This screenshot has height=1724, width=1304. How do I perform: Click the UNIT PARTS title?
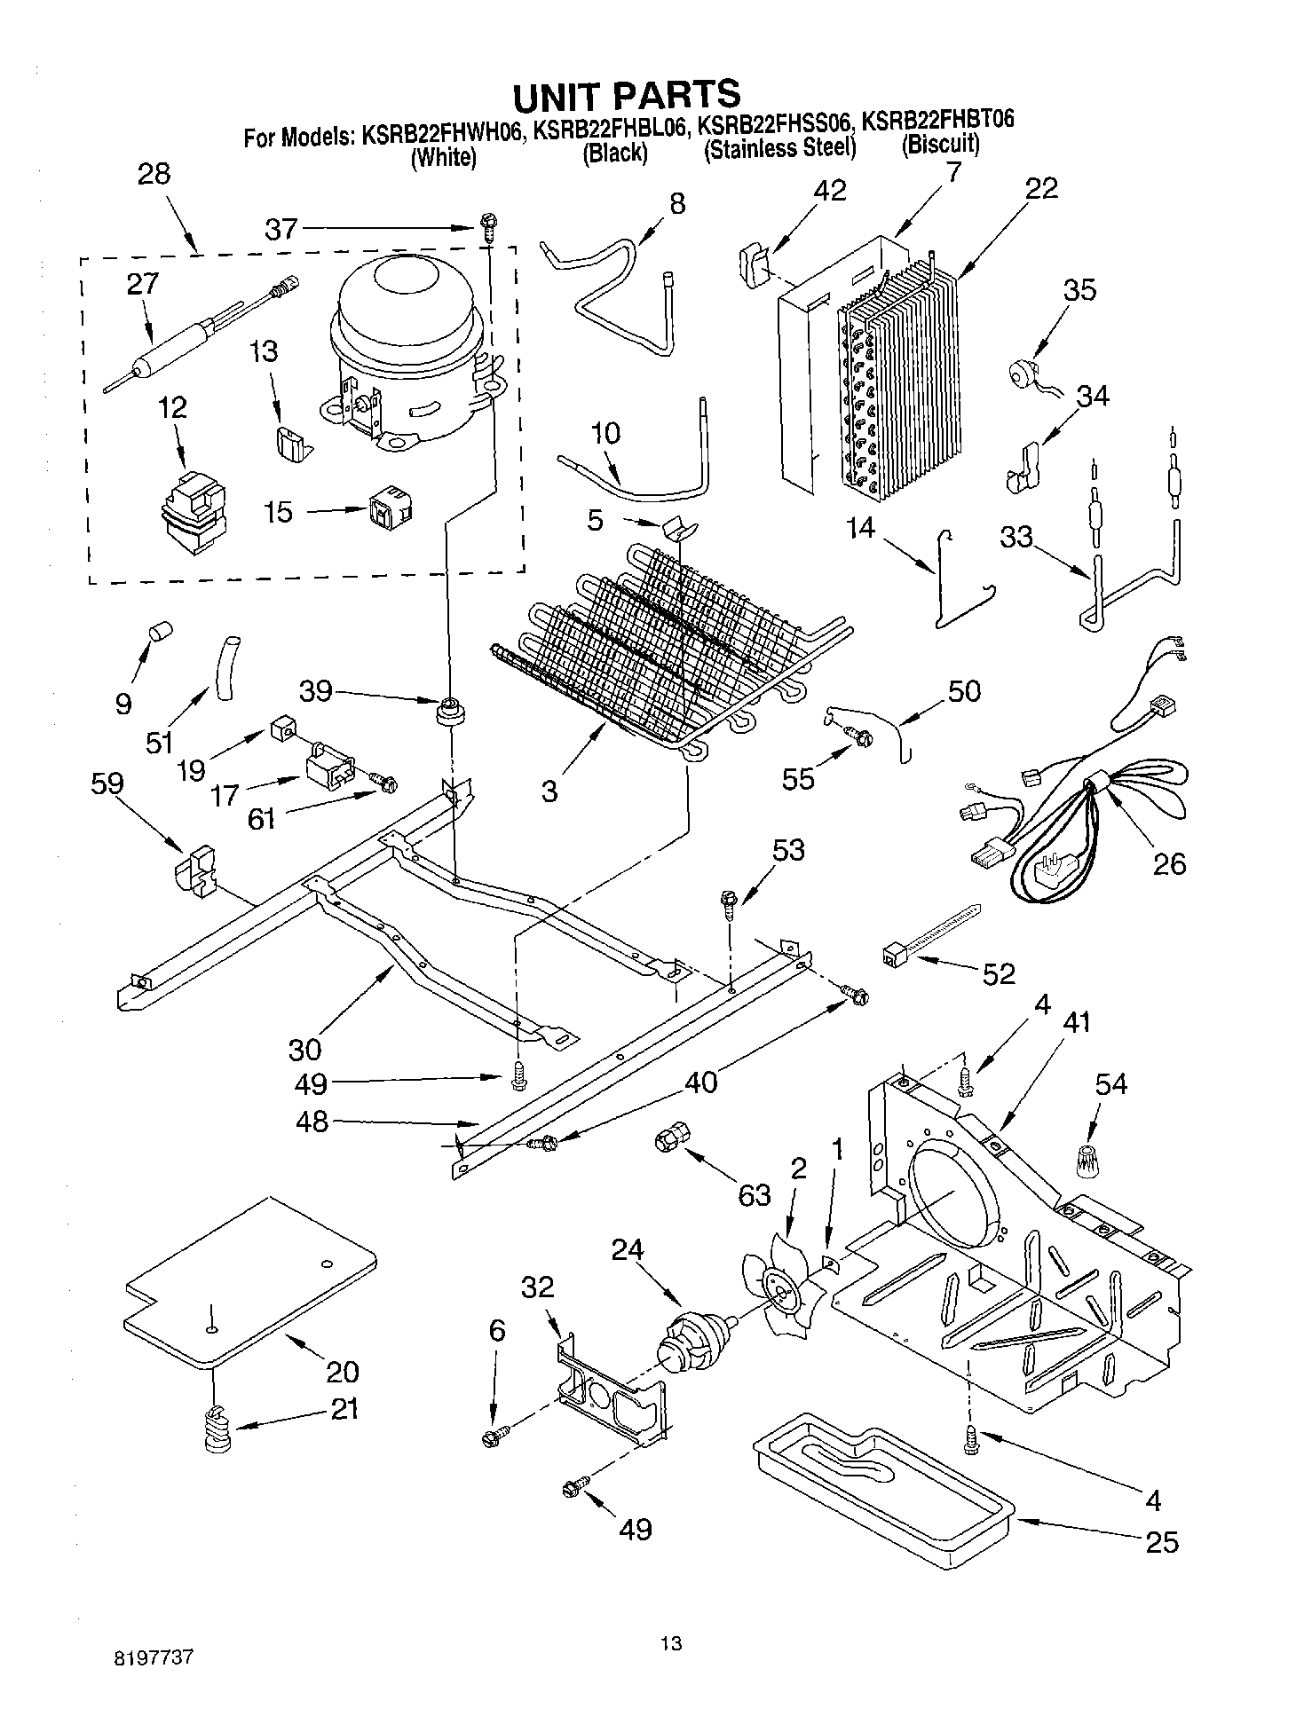click(x=626, y=94)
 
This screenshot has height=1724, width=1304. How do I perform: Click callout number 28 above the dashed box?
click(x=154, y=173)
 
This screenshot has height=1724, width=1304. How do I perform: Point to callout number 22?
click(x=1042, y=188)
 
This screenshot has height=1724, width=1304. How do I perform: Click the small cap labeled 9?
click(x=161, y=631)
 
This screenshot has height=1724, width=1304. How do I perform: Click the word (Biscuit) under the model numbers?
click(x=941, y=145)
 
